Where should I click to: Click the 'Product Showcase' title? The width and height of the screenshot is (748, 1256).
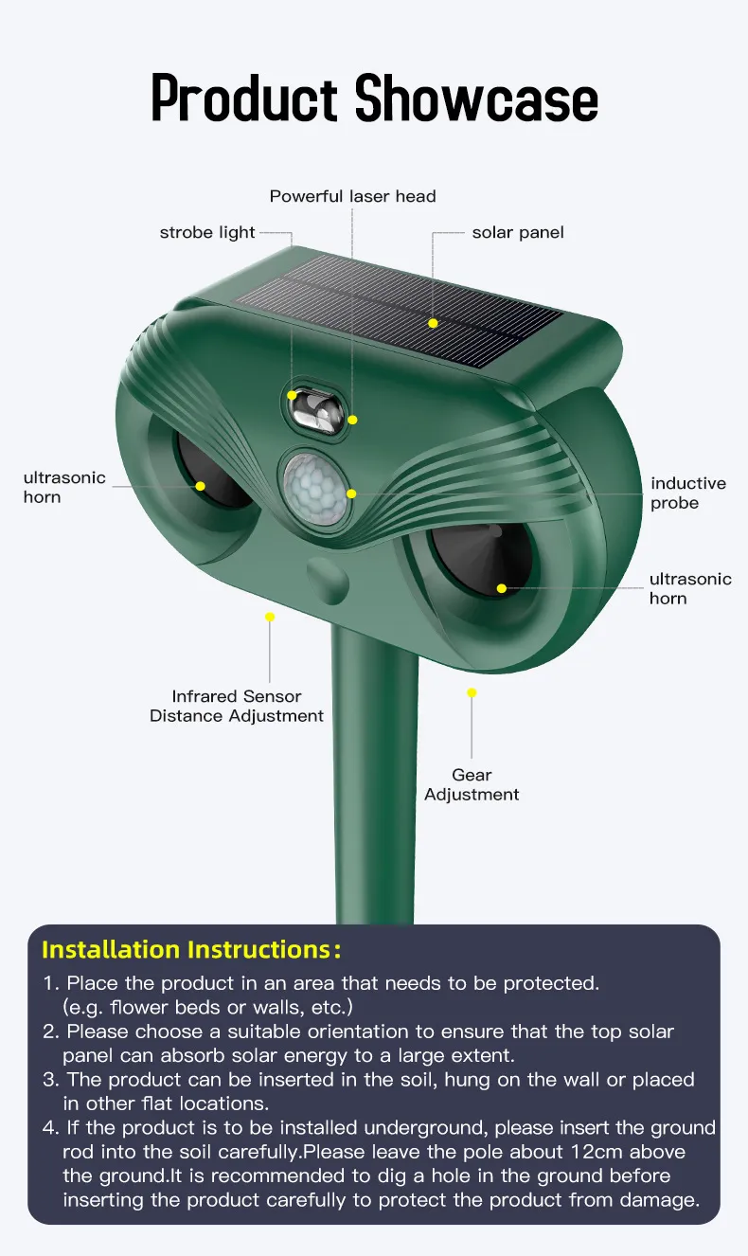[374, 99]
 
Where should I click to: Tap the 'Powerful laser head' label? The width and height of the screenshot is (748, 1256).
[352, 196]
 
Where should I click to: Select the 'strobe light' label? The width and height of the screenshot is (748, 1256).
[207, 233]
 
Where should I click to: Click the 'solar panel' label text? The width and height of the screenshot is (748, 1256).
[518, 233]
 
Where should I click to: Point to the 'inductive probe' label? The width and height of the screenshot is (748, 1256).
[688, 493]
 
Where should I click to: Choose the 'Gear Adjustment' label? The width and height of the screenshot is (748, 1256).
[472, 784]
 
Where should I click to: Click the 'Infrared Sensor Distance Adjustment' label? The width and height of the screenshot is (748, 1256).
[237, 706]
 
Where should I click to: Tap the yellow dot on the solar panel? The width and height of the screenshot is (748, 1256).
[433, 323]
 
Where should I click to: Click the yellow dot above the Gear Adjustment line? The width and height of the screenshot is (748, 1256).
[472, 693]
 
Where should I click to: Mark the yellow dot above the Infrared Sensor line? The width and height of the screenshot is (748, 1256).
[270, 617]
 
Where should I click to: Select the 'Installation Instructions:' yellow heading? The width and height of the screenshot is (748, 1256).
[191, 950]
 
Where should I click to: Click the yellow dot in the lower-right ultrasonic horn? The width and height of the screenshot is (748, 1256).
[502, 588]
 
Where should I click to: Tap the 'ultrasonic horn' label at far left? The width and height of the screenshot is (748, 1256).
[64, 487]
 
